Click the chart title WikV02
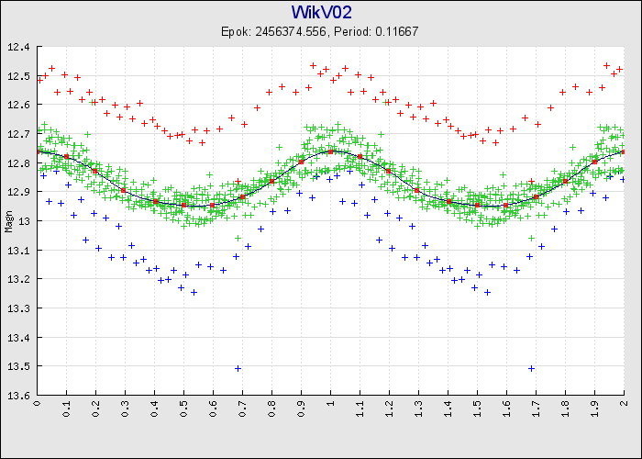tap(321, 12)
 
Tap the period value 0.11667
tap(397, 31)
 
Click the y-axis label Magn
tap(8, 221)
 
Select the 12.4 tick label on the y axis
tap(19, 47)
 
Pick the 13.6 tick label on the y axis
tap(19, 396)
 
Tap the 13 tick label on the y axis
tap(25, 221)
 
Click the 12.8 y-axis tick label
tap(19, 163)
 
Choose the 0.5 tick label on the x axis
tap(183, 407)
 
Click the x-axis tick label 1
tap(330, 403)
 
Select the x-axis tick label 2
tap(624, 403)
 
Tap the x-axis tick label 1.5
tap(477, 407)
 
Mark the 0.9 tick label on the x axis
tap(301, 407)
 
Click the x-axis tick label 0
tap(37, 403)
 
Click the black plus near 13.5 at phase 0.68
tap(238, 368)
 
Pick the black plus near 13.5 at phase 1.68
tap(531, 368)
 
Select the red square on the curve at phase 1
tap(330, 151)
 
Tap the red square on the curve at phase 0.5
tap(183, 205)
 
